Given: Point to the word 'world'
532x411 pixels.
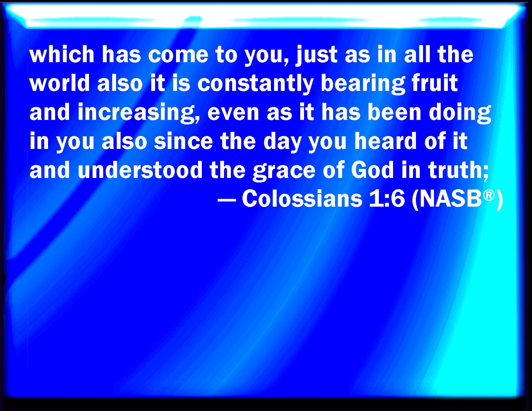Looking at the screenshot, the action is pos(60,83).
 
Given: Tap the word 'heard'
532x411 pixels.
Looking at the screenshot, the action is pos(385,141).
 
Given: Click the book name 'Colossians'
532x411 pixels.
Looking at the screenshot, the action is pos(302,199).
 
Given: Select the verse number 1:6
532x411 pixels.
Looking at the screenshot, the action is pos(387,199).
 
